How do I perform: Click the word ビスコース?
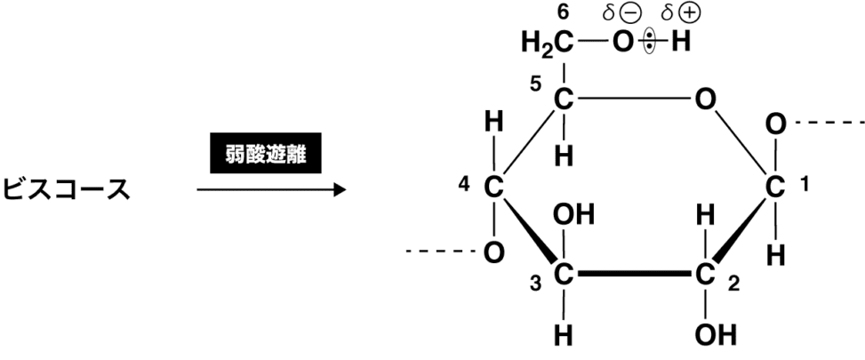[67, 189]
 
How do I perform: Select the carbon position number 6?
[561, 12]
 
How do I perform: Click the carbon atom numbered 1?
[775, 188]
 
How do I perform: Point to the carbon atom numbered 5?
[563, 100]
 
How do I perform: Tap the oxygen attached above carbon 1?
[775, 124]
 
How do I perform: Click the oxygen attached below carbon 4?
[493, 252]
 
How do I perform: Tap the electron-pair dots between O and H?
[650, 42]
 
